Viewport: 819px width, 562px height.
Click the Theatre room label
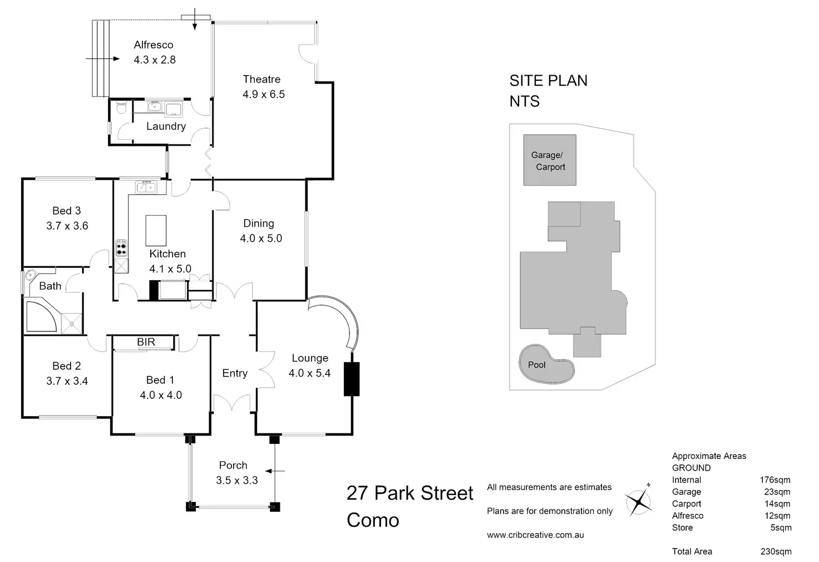tap(262, 79)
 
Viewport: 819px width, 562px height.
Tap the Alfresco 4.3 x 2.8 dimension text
tap(155, 60)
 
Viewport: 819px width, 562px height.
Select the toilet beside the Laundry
tap(121, 107)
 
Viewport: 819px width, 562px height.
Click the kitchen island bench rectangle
tap(156, 230)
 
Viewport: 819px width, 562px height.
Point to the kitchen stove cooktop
tap(121, 248)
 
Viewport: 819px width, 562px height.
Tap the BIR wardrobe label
tap(146, 342)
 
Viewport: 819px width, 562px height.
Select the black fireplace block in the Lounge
tap(352, 379)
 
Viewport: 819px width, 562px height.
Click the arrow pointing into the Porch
tap(275, 471)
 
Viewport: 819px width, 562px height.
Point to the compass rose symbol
tap(638, 501)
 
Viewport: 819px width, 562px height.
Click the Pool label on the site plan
tap(537, 365)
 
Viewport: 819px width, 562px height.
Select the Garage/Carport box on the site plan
tap(550, 160)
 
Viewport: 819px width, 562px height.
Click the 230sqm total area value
tap(776, 551)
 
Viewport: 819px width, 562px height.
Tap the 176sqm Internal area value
tap(775, 480)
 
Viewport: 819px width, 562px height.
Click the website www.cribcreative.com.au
tap(535, 535)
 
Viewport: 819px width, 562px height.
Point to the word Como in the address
tap(373, 520)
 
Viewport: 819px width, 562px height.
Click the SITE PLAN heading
tap(549, 81)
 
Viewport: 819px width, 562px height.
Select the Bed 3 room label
tap(67, 211)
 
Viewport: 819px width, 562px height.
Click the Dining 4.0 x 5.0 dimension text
tap(261, 238)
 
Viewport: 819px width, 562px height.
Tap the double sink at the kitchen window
tap(146, 187)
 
